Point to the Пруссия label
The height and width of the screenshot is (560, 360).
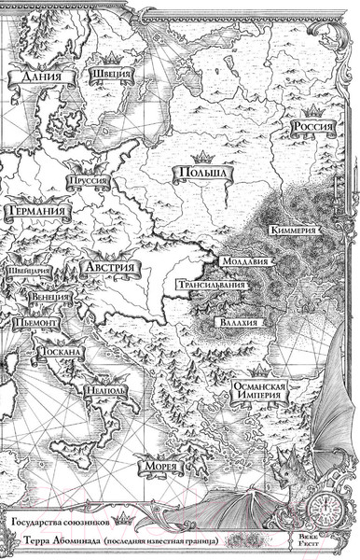tap(90, 182)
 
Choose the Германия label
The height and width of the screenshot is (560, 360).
tap(36, 213)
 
